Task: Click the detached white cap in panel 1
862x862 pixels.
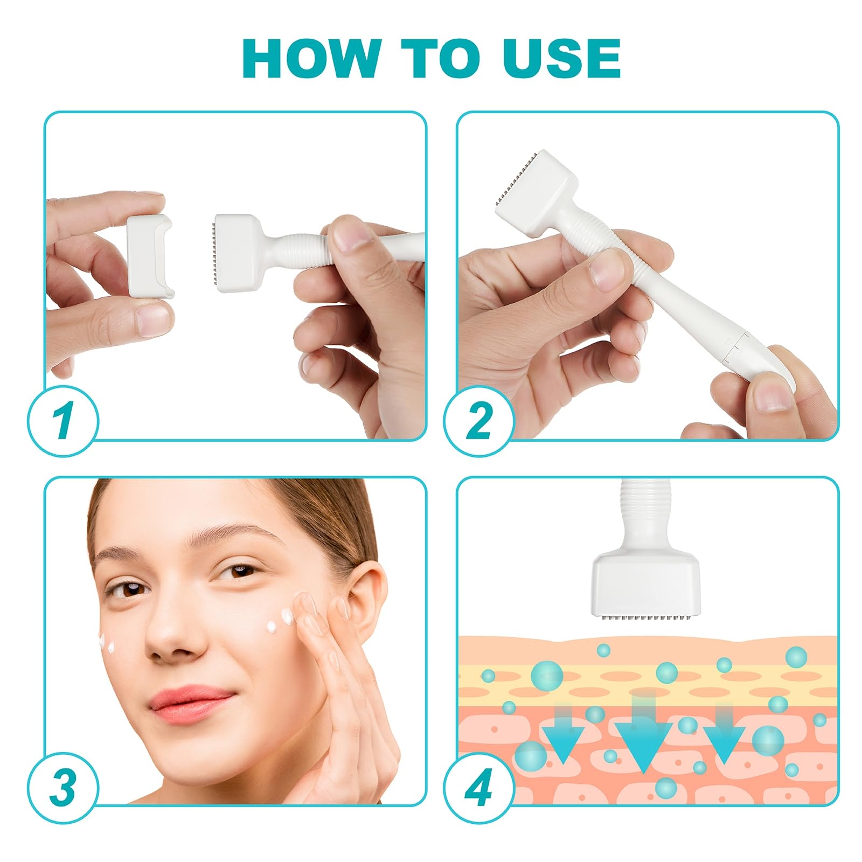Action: [149, 256]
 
